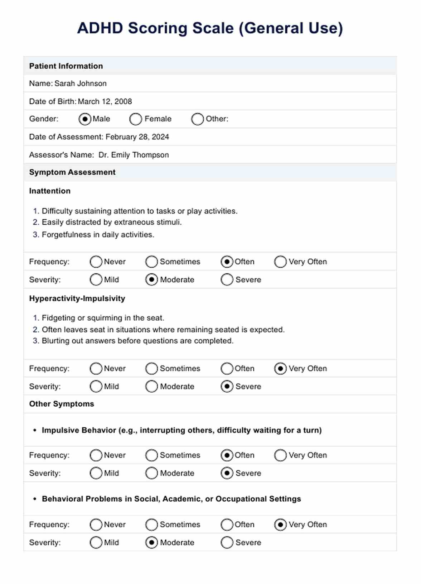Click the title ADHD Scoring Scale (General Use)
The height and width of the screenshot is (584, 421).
click(x=210, y=28)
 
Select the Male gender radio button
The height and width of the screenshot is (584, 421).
click(x=85, y=119)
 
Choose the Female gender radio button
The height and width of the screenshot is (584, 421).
click(x=136, y=119)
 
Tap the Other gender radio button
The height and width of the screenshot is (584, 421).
click(x=197, y=119)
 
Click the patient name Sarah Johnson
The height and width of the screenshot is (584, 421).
click(x=81, y=83)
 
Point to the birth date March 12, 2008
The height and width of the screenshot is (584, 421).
click(x=105, y=101)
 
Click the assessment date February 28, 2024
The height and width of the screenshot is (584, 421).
click(x=137, y=137)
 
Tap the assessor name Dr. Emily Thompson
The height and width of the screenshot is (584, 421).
click(x=134, y=155)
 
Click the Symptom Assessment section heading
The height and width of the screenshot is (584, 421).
click(x=72, y=172)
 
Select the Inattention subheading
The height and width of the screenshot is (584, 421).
click(x=50, y=191)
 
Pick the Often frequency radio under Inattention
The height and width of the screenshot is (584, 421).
click(x=227, y=262)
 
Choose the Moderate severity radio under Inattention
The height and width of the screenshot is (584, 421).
click(x=152, y=280)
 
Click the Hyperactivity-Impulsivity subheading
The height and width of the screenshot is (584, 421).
click(x=77, y=298)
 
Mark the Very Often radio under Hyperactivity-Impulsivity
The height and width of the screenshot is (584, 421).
click(x=280, y=369)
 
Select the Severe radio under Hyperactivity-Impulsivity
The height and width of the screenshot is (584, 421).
click(x=227, y=387)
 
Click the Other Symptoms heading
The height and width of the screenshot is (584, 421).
click(x=62, y=404)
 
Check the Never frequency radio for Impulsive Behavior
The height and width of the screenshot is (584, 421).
click(x=96, y=455)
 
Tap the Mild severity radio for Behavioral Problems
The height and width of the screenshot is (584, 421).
click(x=96, y=543)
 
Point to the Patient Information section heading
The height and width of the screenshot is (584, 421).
click(x=66, y=66)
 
